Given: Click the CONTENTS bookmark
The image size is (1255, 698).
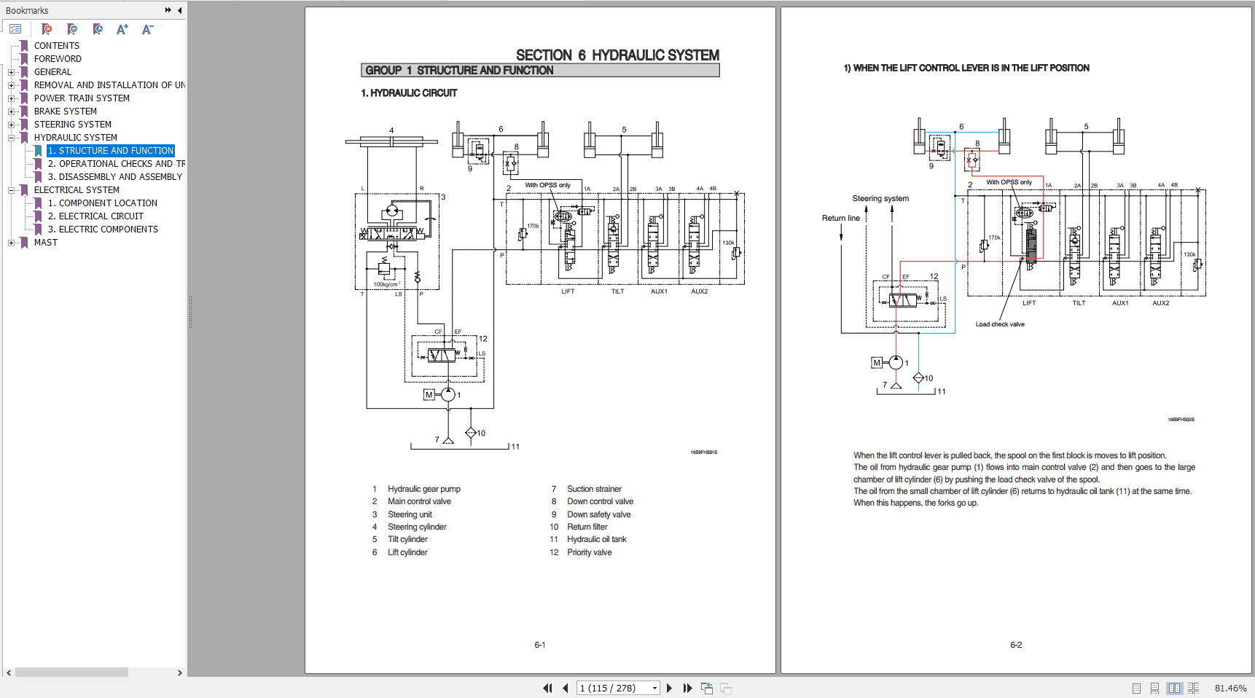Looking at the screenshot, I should coord(56,46).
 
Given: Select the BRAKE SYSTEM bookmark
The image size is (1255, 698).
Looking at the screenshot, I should coord(65,111).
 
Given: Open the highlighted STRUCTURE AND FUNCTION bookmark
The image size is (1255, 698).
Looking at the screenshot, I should coord(111,151).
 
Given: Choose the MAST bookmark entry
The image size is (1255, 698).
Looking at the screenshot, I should coord(45,243).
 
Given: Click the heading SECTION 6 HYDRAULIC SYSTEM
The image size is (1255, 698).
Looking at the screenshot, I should coord(617,55).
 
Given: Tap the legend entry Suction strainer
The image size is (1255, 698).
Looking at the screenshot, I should coord(594,489).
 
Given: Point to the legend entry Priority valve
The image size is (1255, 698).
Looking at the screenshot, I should coord(589,552).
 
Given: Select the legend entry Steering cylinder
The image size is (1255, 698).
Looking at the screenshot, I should coord(417,527).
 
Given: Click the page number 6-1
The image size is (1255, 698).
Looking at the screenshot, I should coord(540,645).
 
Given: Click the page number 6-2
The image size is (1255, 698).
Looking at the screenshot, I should coord(1016,645).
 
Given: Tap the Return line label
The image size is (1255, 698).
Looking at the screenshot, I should coord(840,218).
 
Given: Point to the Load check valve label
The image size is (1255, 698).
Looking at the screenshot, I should coord(1000,324).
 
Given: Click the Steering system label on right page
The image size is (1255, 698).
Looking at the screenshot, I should coord(880,198).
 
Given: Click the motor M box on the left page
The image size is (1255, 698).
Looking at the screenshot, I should coord(429,395).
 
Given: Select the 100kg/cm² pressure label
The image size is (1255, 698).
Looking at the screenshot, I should coord(386,284).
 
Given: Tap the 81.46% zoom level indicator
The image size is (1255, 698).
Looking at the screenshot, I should coord(1230,688).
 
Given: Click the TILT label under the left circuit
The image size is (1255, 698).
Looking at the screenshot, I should coord(617,291).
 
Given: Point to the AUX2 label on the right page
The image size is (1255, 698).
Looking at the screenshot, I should coord(1160,303).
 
